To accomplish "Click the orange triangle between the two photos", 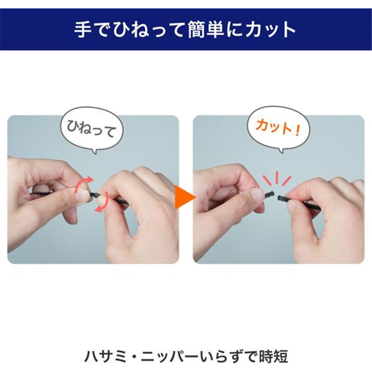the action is click(184, 197).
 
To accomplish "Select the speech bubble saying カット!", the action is click(279, 129).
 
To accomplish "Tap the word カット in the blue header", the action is click(271, 30).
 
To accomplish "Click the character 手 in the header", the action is click(83, 30).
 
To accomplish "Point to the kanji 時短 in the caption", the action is click(273, 356).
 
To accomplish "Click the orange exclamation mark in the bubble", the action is click(297, 131).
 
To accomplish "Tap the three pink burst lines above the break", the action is click(276, 178).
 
